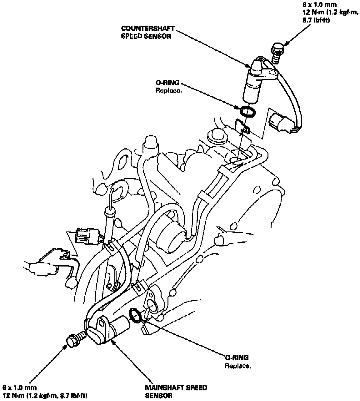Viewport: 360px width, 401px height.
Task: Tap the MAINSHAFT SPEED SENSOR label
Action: tap(176, 391)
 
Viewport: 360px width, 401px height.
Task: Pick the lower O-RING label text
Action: tap(237, 358)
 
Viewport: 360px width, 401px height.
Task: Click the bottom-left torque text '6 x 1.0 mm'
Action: tap(19, 387)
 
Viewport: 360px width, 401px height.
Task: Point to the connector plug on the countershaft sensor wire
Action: tap(280, 122)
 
